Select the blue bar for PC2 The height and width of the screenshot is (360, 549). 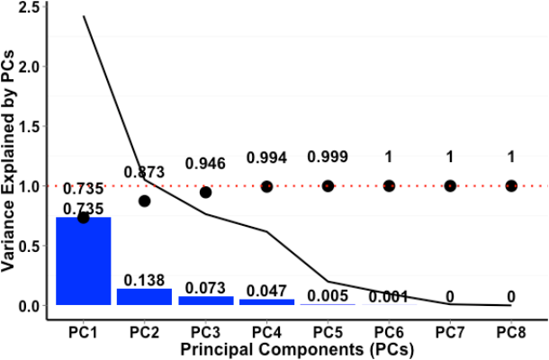pyautogui.click(x=144, y=297)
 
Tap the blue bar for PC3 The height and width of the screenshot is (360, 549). pyautogui.click(x=205, y=301)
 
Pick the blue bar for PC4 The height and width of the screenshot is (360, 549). pyautogui.click(x=266, y=301)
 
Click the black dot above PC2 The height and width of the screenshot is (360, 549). pyautogui.click(x=144, y=201)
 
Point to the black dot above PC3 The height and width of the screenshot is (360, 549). pyautogui.click(x=205, y=192)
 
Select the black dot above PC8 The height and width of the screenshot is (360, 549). pyautogui.click(x=511, y=185)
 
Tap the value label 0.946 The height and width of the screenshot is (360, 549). pyautogui.click(x=205, y=164)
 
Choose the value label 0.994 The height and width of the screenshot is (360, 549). pyautogui.click(x=266, y=157)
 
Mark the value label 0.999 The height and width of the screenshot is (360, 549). pyautogui.click(x=328, y=157)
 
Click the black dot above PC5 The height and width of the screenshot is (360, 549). pyautogui.click(x=328, y=185)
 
